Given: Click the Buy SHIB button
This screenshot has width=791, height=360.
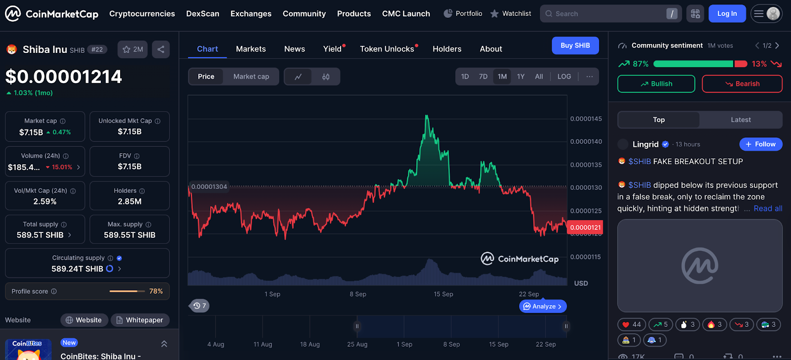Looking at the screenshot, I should [575, 45].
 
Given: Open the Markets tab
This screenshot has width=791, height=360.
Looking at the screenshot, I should [251, 49].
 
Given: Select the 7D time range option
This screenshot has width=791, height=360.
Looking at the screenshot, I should [483, 77].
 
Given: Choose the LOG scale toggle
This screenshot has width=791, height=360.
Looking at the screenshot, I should [564, 77].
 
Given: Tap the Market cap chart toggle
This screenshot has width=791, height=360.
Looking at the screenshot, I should [251, 77].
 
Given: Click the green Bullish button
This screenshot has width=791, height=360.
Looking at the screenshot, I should [656, 84].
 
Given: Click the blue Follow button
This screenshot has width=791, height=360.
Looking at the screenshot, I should [760, 144].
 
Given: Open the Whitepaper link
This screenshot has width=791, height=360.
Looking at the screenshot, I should [140, 320].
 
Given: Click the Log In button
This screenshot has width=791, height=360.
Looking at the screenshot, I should [727, 14].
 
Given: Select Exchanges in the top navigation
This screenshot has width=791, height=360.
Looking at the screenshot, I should [251, 14].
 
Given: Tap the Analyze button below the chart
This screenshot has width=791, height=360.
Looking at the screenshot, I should [543, 307].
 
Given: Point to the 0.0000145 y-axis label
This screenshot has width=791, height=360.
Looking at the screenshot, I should [586, 119].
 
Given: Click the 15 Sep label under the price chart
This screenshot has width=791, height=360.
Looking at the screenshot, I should [443, 294].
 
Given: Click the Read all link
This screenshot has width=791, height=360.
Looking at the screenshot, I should [767, 209].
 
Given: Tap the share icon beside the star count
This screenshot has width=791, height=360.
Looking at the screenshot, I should [161, 49].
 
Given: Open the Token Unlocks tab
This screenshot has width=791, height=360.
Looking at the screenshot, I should [387, 49].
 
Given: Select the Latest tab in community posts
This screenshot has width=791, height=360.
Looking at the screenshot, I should [741, 120].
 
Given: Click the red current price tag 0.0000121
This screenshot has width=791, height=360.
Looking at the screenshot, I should [586, 227].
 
